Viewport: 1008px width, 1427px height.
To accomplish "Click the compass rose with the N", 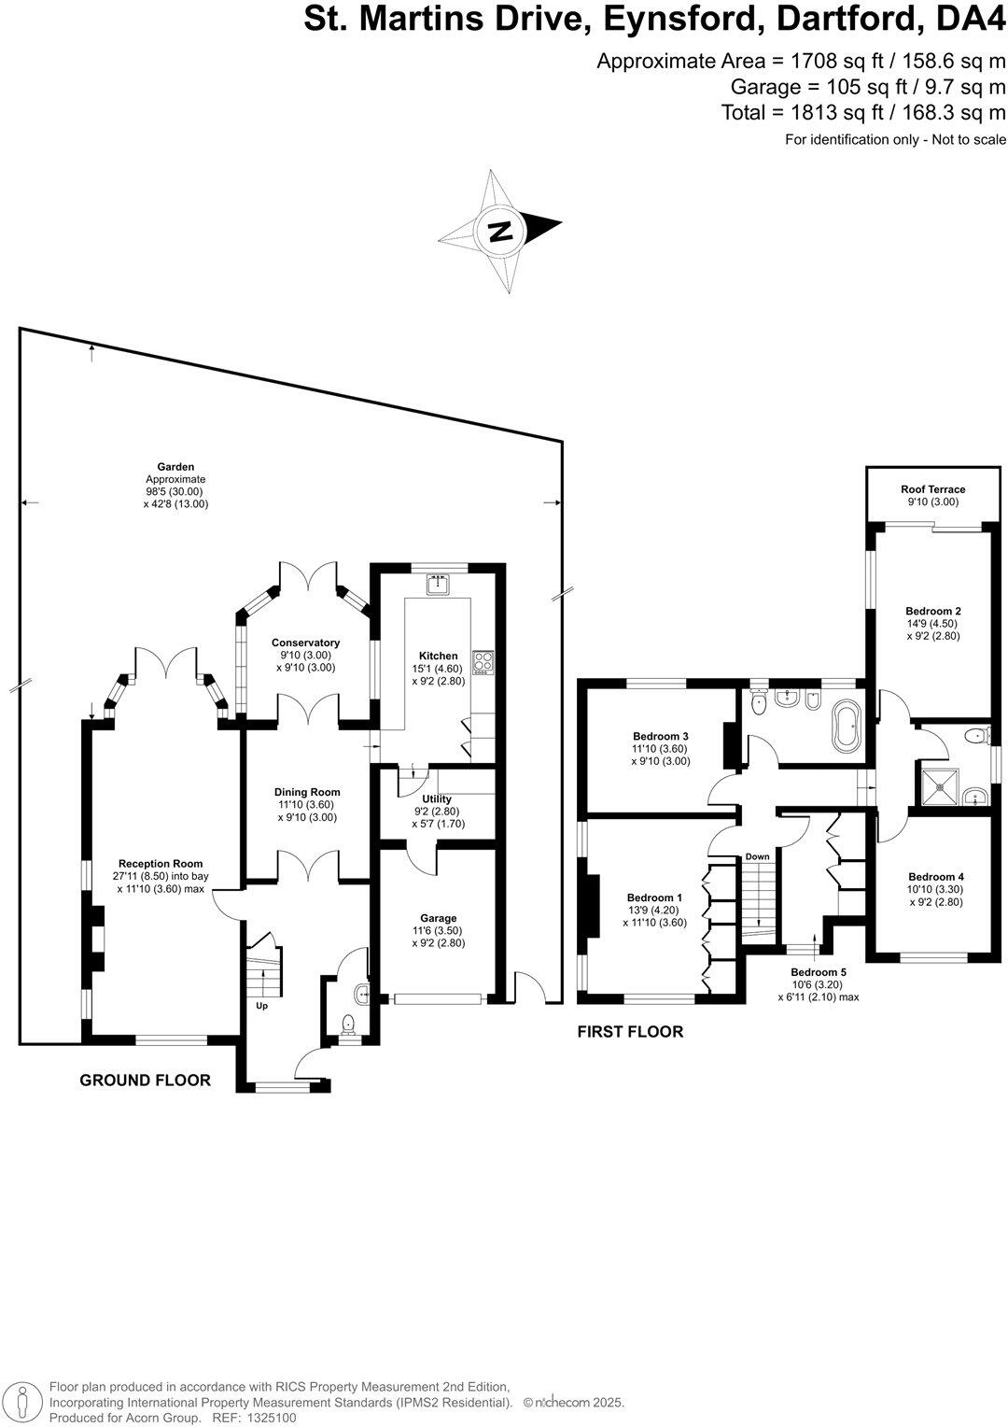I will pyautogui.click(x=501, y=230).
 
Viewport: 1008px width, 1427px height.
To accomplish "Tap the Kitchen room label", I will pyautogui.click(x=438, y=656).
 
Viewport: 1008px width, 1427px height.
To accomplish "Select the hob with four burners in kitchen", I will pyautogui.click(x=484, y=662).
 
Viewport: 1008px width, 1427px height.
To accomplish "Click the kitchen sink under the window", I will pyautogui.click(x=438, y=586).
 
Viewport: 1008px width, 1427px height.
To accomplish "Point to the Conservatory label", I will pyautogui.click(x=305, y=643).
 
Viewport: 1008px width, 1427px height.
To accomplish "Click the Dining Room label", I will pyautogui.click(x=307, y=792).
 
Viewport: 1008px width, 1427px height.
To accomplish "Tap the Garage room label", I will pyautogui.click(x=438, y=918).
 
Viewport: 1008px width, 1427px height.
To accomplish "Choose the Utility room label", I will pyautogui.click(x=437, y=799).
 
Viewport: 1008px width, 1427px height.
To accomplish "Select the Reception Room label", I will pyautogui.click(x=161, y=864).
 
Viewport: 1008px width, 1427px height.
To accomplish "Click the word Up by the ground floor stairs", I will pyautogui.click(x=261, y=1006).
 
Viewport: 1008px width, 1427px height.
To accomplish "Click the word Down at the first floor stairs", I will pyautogui.click(x=757, y=856).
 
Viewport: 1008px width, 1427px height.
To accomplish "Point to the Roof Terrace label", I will pyautogui.click(x=932, y=489).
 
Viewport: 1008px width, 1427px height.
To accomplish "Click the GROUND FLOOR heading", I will pyautogui.click(x=145, y=1081).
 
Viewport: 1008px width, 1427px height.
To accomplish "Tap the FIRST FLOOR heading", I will pyautogui.click(x=630, y=1032).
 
